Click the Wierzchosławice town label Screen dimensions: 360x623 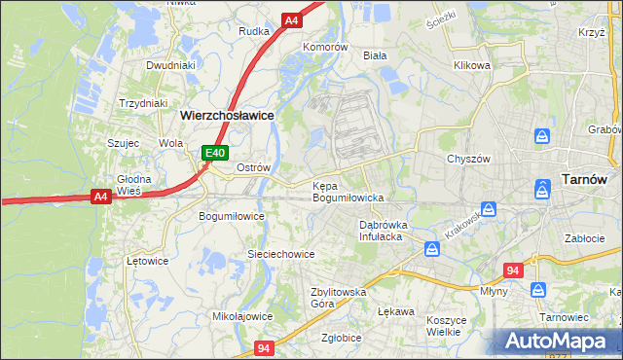[x=227, y=114]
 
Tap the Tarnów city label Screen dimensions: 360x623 [x=585, y=179]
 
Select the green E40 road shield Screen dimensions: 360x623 [x=215, y=153]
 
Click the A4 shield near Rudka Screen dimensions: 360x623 [x=292, y=19]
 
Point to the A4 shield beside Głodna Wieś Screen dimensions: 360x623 [x=100, y=197]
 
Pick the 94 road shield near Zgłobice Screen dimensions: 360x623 [x=265, y=346]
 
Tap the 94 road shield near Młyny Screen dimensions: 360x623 [x=514, y=270]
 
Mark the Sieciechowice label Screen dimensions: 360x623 [x=280, y=254]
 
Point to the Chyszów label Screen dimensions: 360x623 [x=467, y=159]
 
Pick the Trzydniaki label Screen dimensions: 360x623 [x=143, y=103]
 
